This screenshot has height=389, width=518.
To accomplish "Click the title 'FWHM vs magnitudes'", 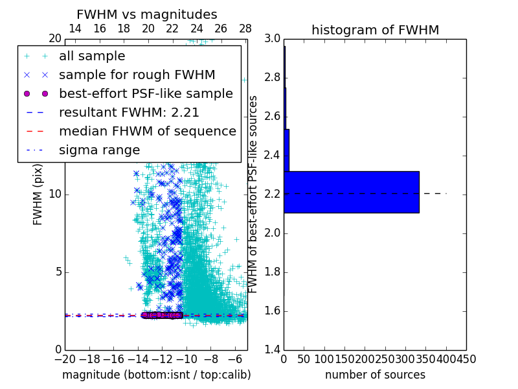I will [147, 14].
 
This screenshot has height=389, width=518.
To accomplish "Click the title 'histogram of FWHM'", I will [375, 30].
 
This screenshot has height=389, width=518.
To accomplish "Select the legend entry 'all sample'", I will [92, 56].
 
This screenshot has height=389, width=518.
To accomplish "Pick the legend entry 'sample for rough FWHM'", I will [137, 75].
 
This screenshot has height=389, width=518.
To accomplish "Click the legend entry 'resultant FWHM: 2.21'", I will [129, 112].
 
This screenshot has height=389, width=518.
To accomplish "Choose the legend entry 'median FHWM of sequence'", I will [147, 131].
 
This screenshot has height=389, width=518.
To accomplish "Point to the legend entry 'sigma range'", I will [99, 150].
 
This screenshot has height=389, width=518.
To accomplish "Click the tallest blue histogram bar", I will [351, 192].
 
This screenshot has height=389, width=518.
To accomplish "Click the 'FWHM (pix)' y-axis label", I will [38, 194].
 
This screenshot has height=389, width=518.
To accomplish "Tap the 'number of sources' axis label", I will [375, 375].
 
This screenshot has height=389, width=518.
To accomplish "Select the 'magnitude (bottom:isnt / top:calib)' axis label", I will [156, 375].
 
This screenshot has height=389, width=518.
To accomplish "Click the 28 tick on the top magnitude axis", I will [245, 29].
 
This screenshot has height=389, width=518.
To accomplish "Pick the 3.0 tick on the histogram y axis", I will [272, 39].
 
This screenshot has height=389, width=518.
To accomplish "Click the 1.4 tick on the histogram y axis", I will [272, 350].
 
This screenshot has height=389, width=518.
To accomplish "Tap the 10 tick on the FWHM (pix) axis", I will [54, 194].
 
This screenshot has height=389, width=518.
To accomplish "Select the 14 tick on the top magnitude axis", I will [75, 29].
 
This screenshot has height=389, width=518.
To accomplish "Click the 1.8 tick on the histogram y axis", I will [272, 272].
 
